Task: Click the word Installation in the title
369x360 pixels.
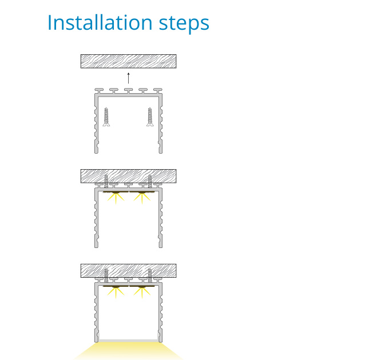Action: coord(100,22)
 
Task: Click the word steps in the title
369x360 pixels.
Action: coord(184,24)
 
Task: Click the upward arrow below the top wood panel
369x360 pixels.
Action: coord(129,78)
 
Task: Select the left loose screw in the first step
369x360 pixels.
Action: coord(106,117)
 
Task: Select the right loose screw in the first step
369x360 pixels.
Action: coord(150,117)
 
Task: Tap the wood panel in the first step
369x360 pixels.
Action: coord(129,61)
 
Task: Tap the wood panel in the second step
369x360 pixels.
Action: coord(129,176)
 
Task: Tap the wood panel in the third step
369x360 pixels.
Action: coord(129,271)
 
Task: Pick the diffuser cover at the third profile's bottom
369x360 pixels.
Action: coord(129,340)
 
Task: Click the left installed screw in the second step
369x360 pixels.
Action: coord(106,181)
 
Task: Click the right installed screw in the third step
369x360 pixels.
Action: coord(150,275)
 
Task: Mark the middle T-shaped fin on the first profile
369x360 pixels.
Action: coord(129,91)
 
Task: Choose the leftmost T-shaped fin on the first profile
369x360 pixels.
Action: coord(99,91)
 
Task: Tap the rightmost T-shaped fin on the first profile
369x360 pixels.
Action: coord(158,91)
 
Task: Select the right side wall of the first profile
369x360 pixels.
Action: coord(161,124)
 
